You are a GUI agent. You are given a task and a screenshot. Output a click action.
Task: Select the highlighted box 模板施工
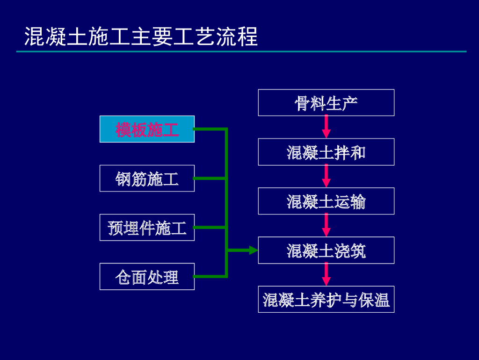pos(147,129)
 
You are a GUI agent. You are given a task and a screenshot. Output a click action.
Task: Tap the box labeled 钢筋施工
pos(147,178)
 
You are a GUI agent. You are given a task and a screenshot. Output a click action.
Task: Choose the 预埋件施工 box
pos(147,228)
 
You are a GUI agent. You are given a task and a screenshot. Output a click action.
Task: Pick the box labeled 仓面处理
pos(147,277)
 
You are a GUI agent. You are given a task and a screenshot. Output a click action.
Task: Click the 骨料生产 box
pos(326,103)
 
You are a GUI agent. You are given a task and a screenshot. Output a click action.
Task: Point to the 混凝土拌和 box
pos(326,152)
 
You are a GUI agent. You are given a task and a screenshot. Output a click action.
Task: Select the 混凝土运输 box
pos(326,201)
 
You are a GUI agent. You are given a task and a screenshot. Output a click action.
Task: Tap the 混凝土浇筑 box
pos(326,250)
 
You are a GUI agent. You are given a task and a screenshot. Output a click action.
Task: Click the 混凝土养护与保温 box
pos(326,300)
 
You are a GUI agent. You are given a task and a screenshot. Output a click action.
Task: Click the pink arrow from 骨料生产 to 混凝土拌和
pos(326,126)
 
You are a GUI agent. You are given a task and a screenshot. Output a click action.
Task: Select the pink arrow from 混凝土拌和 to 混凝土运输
pos(326,176)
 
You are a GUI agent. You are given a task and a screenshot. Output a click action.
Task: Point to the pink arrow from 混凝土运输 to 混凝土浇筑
pos(326,225)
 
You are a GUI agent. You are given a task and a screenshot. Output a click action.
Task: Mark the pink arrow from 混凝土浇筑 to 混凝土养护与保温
pos(326,274)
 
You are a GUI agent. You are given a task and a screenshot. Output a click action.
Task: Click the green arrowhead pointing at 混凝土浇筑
pos(253,250)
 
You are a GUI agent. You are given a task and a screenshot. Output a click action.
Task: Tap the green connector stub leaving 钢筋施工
pos(210,178)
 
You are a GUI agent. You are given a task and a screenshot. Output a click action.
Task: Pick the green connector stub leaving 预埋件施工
pos(210,228)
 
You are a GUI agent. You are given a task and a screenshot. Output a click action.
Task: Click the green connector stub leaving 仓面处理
pos(210,277)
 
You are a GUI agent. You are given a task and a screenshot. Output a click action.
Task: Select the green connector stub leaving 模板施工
pos(210,129)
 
